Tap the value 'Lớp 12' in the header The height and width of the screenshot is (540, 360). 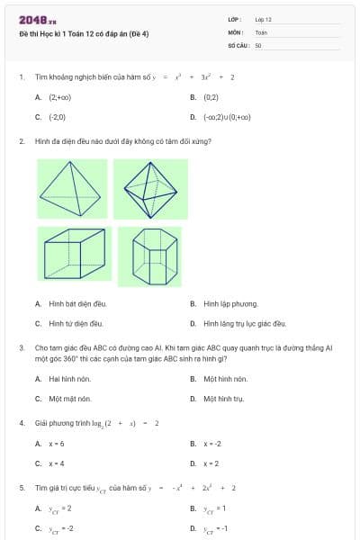pyautogui.click(x=263, y=19)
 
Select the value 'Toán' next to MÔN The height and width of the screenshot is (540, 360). pyautogui.click(x=261, y=31)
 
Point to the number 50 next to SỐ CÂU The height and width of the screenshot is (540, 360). pyautogui.click(x=258, y=45)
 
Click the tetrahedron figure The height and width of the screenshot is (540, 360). pyautogui.click(x=72, y=189)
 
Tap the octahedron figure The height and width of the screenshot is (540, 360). pyautogui.click(x=150, y=189)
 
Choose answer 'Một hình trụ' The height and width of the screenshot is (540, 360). pyautogui.click(x=224, y=398)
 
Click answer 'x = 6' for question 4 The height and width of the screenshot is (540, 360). pyautogui.click(x=57, y=444)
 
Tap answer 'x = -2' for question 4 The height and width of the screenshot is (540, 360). pyautogui.click(x=212, y=444)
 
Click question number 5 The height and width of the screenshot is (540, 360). pyautogui.click(x=21, y=487)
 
